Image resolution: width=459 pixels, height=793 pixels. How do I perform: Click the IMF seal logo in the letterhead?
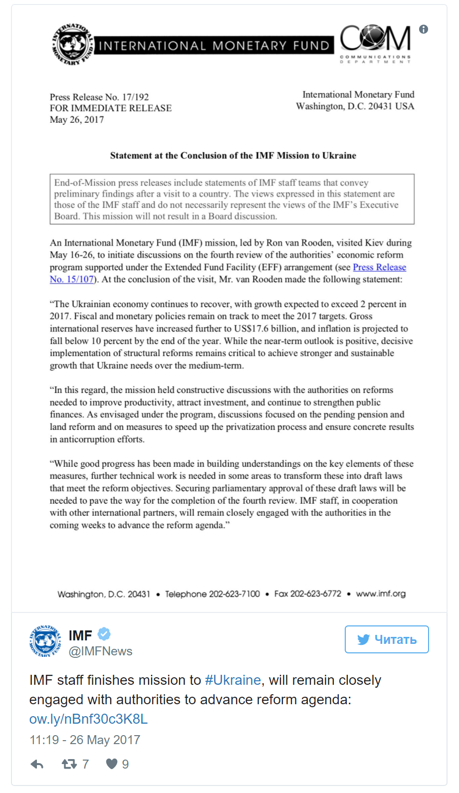click(73, 45)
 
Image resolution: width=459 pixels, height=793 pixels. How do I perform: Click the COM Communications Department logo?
click(375, 44)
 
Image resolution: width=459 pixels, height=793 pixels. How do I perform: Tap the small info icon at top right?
click(424, 29)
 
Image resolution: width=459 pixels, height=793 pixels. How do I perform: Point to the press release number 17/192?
click(135, 97)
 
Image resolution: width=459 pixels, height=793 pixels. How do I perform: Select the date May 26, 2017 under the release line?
click(77, 120)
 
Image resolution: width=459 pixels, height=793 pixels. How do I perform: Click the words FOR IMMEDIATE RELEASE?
click(111, 108)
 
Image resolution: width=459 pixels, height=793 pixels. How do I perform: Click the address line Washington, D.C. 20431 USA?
click(355, 106)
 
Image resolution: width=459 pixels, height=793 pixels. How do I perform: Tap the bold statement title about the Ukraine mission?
click(233, 156)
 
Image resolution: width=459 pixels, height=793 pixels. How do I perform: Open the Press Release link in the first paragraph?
click(379, 267)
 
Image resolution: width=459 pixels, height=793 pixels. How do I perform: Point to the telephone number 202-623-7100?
click(234, 594)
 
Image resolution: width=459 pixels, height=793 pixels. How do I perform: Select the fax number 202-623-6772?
click(316, 594)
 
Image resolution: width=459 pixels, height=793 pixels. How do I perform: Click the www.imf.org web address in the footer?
click(381, 594)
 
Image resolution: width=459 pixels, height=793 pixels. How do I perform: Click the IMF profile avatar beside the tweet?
click(45, 641)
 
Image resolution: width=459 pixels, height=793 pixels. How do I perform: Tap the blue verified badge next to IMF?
click(104, 634)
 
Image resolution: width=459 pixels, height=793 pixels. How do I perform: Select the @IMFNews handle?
click(100, 651)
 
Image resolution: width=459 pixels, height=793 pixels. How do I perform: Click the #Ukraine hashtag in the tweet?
click(233, 680)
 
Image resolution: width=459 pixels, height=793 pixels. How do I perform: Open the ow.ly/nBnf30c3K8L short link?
click(88, 719)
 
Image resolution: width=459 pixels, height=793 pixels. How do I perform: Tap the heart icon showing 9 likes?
click(112, 764)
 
